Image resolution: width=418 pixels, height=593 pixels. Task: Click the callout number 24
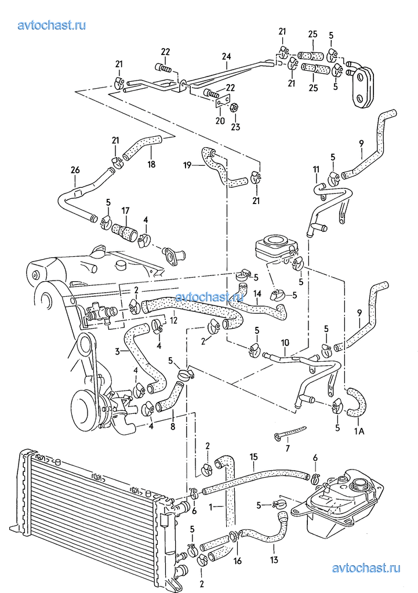[x=226, y=57]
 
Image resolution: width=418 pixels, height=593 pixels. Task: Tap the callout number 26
[x=75, y=170]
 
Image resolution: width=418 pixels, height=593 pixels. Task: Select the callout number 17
[x=125, y=210]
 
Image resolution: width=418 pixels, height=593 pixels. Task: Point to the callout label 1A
[x=359, y=431]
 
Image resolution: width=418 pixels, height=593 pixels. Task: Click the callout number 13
[x=274, y=559]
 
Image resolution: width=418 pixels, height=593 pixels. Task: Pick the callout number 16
[x=238, y=561]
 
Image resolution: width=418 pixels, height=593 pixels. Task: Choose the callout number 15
[x=253, y=457]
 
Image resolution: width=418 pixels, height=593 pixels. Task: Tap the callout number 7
[x=288, y=449]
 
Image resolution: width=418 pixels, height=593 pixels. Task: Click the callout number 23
[x=235, y=127]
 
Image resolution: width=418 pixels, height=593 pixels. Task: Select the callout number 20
[x=220, y=121]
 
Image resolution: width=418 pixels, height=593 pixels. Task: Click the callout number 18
[x=151, y=165]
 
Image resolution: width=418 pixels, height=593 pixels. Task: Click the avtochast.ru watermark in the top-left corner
[x=52, y=26]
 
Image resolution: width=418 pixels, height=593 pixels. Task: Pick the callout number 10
[x=285, y=343]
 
